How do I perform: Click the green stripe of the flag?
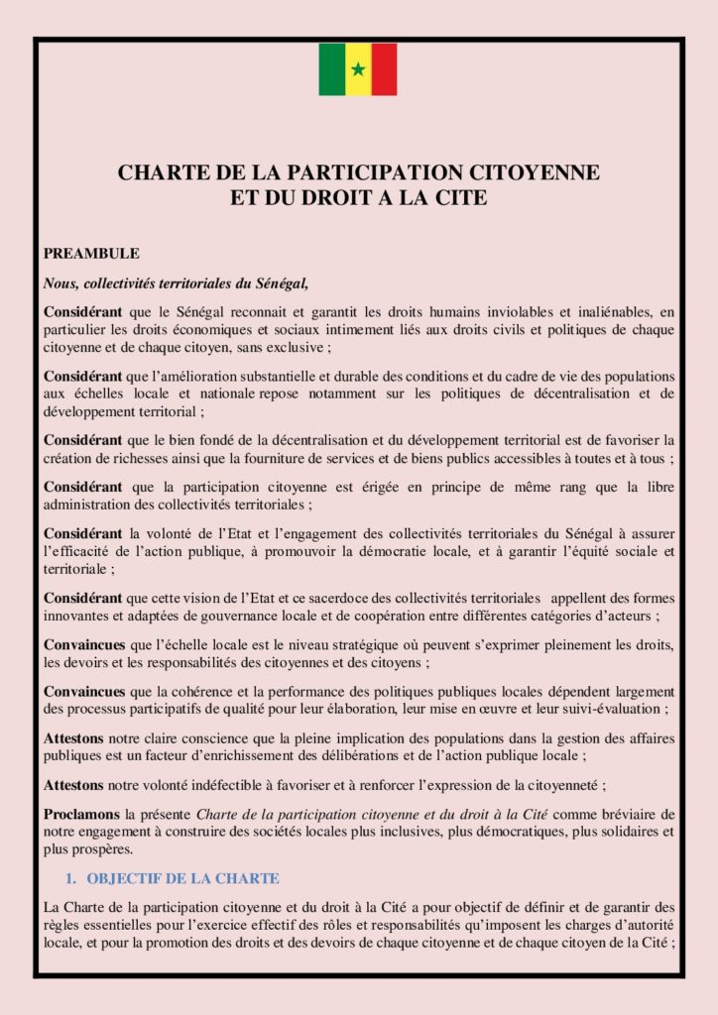click(x=331, y=69)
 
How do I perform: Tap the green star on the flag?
click(x=358, y=69)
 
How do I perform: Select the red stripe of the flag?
click(x=384, y=69)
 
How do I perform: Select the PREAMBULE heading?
click(x=91, y=254)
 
